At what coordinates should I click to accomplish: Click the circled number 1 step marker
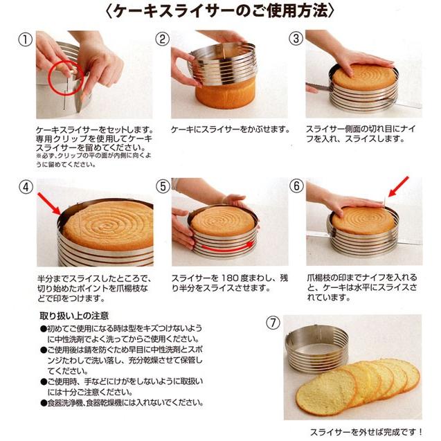26,39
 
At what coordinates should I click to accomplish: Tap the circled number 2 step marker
162,39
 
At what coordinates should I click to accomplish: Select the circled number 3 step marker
296,39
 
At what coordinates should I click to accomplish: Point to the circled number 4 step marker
26,187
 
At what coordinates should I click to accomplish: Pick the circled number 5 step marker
163,186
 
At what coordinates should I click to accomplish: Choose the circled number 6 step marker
296,186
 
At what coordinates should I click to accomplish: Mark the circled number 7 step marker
273,323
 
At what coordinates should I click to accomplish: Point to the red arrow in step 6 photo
398,187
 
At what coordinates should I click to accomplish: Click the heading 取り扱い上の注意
74,316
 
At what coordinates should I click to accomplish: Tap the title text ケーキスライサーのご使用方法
220,11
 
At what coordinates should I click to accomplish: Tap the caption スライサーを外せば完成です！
366,432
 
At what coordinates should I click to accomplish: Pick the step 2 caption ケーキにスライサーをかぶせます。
231,129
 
